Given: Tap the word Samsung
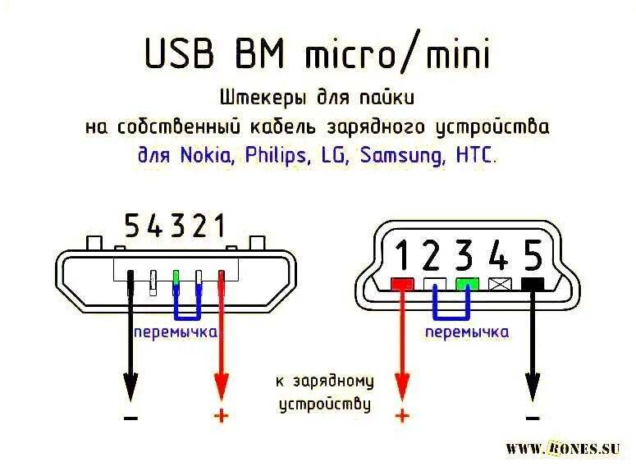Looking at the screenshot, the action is (x=405, y=156).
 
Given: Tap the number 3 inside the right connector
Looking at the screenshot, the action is (x=465, y=257).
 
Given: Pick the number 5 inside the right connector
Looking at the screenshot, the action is (x=533, y=257).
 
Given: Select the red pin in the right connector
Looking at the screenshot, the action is (x=401, y=285).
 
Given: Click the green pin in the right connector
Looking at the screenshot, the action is (x=467, y=285).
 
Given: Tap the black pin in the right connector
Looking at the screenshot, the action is (x=533, y=285).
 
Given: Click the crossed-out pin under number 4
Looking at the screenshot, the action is (x=499, y=285).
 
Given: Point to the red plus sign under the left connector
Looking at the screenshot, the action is (x=221, y=415).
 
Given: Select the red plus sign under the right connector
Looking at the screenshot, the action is (x=401, y=415).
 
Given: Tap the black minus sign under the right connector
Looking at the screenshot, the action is (x=533, y=417).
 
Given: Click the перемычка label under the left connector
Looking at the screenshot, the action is (x=176, y=332).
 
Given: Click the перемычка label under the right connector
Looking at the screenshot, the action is (x=467, y=332).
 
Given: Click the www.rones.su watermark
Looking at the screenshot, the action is (x=562, y=448).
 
